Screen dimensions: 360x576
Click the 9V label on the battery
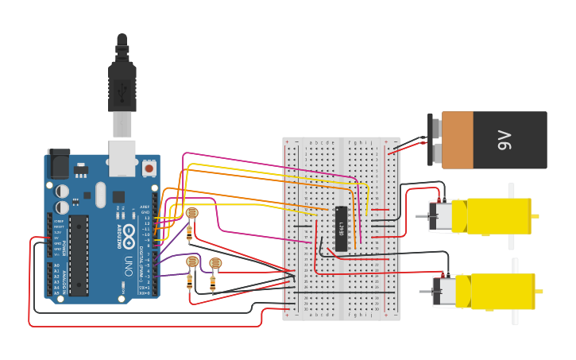[504, 140]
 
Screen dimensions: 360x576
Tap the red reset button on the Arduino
[149, 168]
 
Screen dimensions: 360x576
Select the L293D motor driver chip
[341, 229]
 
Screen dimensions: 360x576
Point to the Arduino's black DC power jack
[58, 164]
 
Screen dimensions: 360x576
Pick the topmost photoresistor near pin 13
[191, 213]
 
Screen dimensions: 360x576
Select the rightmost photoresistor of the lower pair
[215, 263]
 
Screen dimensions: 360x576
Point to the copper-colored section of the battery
[458, 140]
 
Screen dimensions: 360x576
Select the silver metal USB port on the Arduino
[122, 158]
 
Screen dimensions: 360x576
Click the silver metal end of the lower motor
[446, 291]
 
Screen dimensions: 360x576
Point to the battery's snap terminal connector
[435, 140]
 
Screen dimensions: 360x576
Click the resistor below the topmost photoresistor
[189, 231]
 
